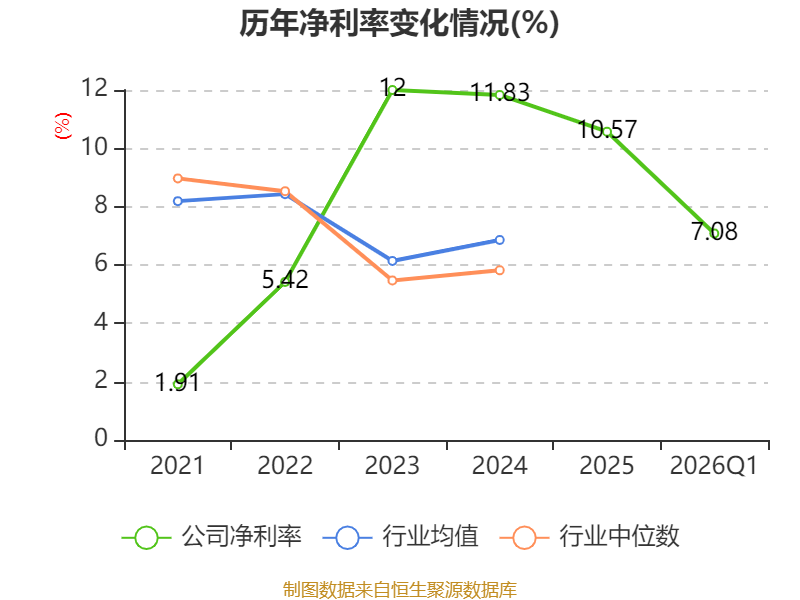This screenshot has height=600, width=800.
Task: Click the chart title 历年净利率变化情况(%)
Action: (399, 23)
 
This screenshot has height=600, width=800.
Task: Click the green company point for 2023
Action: (392, 90)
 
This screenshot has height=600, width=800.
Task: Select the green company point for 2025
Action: (607, 132)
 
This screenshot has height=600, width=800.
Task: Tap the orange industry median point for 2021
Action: (178, 179)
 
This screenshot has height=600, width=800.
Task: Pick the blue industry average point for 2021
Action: (178, 202)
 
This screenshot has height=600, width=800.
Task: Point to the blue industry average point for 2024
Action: (499, 240)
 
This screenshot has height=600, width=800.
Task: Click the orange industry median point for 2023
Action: (392, 281)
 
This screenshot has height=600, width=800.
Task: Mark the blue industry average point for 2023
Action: (392, 261)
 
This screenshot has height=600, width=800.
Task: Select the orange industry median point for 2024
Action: (499, 270)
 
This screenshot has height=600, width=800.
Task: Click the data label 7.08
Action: (714, 232)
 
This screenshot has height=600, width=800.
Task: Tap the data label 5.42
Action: (285, 280)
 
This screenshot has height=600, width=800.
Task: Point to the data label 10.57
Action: (607, 129)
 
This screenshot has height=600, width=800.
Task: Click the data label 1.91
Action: (177, 383)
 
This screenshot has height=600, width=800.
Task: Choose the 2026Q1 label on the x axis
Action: (714, 465)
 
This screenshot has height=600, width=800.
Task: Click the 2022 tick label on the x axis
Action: (285, 465)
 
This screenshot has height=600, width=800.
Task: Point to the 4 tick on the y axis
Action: (101, 322)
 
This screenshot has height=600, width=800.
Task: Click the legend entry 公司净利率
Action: (211, 537)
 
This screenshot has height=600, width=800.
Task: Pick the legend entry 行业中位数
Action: (590, 537)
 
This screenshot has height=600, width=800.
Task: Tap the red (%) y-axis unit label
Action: (63, 126)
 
